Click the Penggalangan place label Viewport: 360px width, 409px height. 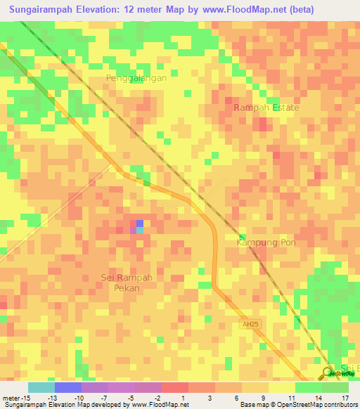(x=136, y=78)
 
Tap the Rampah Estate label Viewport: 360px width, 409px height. (x=266, y=108)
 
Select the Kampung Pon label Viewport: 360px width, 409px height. (x=261, y=242)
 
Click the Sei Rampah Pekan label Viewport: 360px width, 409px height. (x=127, y=283)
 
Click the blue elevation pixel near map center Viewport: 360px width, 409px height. (x=139, y=223)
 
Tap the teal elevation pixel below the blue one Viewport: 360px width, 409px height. (x=139, y=231)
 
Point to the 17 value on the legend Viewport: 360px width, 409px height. (x=345, y=396)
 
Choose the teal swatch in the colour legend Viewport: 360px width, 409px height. (x=41, y=387)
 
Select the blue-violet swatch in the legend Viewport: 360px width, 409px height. (x=67, y=387)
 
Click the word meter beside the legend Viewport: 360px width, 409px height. (x=12, y=396)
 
